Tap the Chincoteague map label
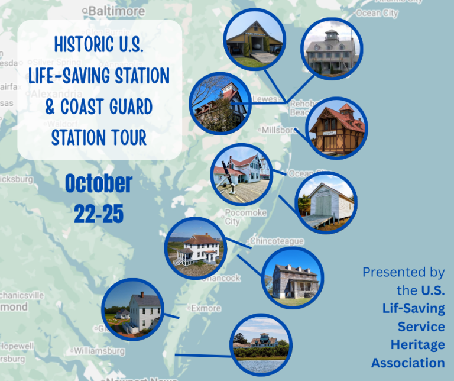point(277,241)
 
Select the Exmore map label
point(205,308)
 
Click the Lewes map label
point(264,99)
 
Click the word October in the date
point(99,183)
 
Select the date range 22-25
point(99,214)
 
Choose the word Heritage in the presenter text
point(417,344)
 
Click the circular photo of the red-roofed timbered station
point(338,128)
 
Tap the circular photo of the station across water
point(261,344)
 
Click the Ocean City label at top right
point(377,13)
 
